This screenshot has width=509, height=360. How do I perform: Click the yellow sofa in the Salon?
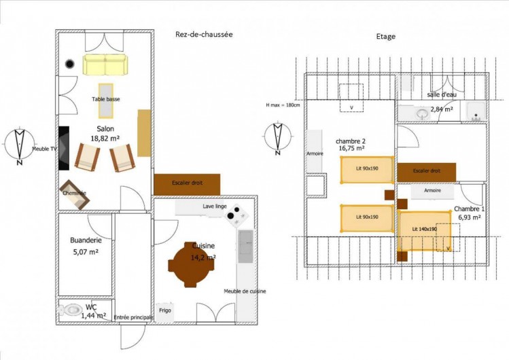[105, 65]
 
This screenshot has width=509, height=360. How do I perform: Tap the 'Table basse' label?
[106, 99]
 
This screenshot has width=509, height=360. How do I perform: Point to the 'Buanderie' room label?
[86, 240]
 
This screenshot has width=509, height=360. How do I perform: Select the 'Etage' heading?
[385, 37]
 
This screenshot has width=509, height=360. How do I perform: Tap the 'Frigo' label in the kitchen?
[164, 310]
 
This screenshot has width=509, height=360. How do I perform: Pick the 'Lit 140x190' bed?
[425, 230]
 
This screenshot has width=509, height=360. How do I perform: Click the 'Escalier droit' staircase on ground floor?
[187, 183]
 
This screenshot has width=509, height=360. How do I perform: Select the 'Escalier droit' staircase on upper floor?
[426, 172]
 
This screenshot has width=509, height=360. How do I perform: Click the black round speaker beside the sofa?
[69, 65]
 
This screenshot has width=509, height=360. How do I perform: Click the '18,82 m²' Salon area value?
[105, 138]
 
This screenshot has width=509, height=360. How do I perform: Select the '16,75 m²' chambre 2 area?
[351, 147]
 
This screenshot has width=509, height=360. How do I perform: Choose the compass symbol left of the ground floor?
[19, 146]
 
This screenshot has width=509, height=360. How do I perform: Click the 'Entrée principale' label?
[133, 317]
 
